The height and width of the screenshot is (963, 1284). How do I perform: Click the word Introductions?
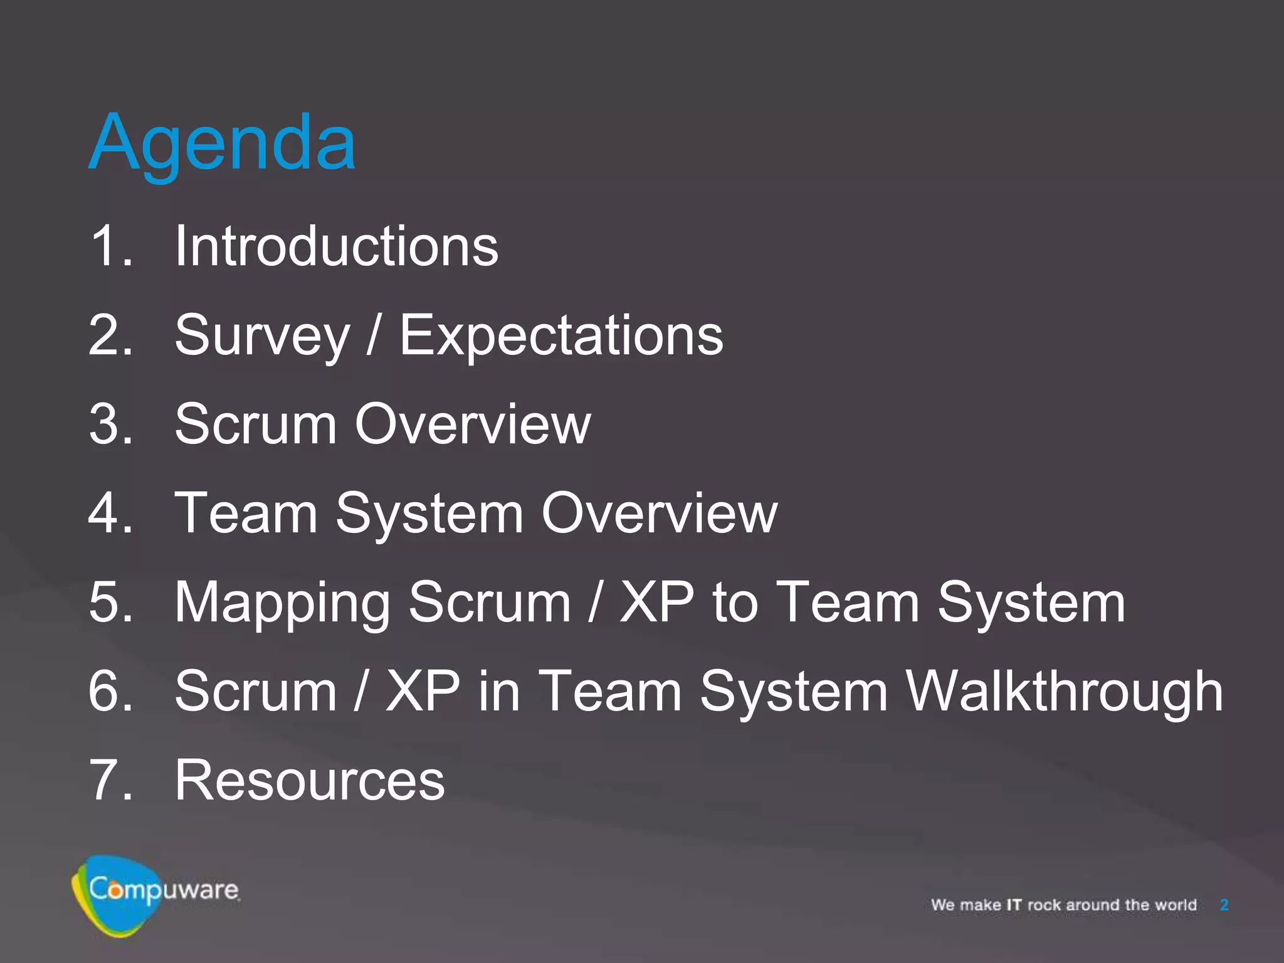pyautogui.click(x=336, y=246)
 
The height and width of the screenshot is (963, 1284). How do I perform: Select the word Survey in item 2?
pyautogui.click(x=262, y=336)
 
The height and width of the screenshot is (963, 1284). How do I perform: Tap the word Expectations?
pyautogui.click(x=561, y=336)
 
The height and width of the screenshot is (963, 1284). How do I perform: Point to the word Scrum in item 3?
pyautogui.click(x=256, y=424)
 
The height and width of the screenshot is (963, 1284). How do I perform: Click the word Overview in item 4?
pyautogui.click(x=659, y=513)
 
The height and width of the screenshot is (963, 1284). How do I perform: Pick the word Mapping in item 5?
pyautogui.click(x=282, y=603)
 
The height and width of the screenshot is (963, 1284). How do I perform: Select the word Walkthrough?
pyautogui.click(x=1065, y=692)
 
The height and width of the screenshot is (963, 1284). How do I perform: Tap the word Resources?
pyautogui.click(x=310, y=781)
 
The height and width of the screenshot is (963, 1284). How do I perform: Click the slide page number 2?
pyautogui.click(x=1224, y=905)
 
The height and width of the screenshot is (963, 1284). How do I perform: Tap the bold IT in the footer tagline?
pyautogui.click(x=1014, y=905)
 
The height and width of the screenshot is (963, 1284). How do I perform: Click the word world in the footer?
pyautogui.click(x=1176, y=905)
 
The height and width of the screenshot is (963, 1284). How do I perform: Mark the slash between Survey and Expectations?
pyautogui.click(x=374, y=336)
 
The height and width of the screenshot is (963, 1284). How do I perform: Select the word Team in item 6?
pyautogui.click(x=609, y=692)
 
